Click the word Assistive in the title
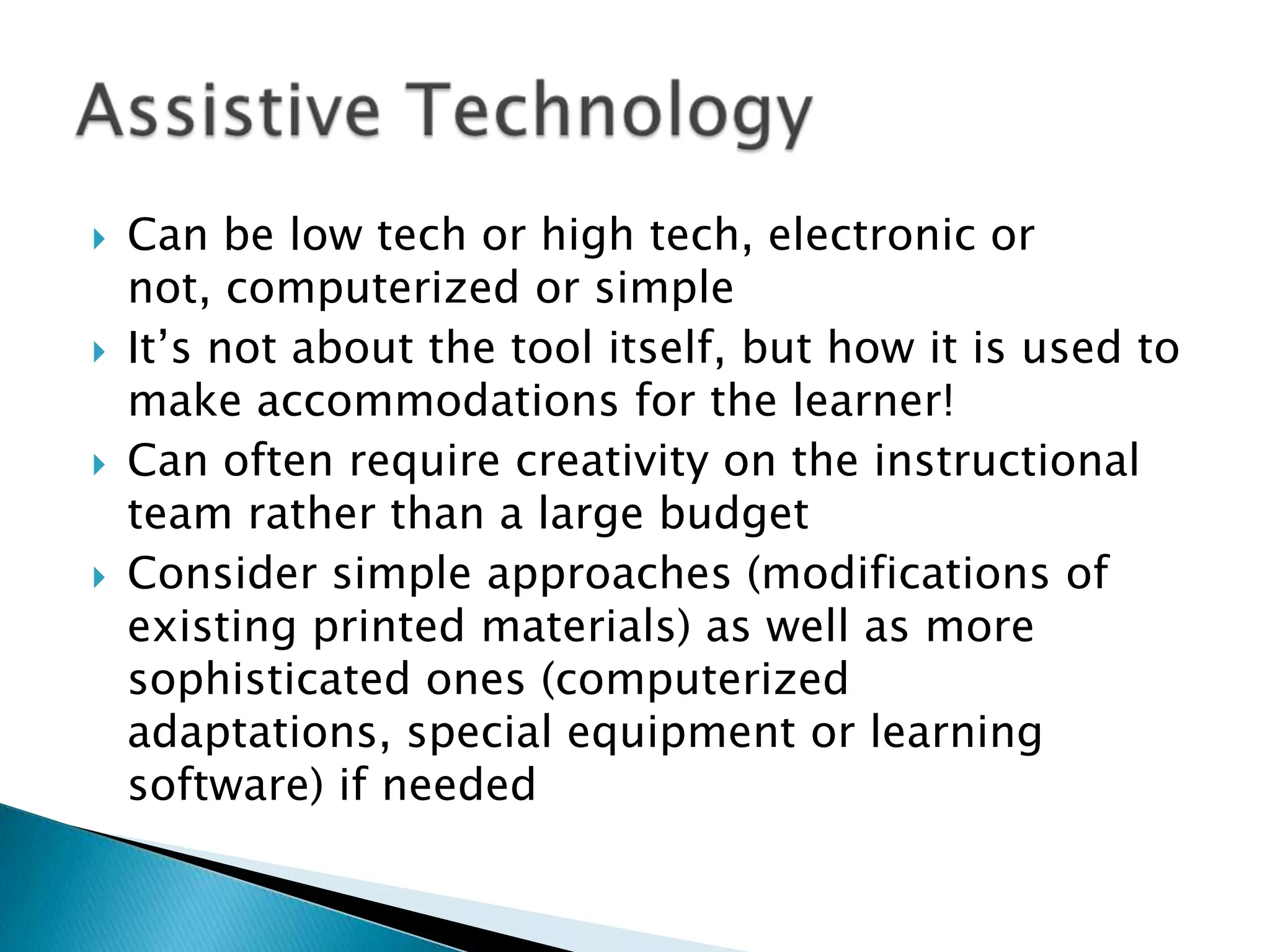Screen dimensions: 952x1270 coord(228,112)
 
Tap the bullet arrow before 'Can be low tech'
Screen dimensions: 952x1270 coord(99,239)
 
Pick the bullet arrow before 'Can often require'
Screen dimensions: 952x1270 coord(99,465)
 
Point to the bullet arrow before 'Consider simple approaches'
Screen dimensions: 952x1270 coord(99,578)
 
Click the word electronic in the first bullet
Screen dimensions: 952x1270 coord(871,236)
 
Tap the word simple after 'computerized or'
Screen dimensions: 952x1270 coord(664,289)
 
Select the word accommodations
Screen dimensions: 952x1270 coord(437,401)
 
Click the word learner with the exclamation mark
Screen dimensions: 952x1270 coord(873,401)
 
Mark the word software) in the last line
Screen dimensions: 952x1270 coord(226,785)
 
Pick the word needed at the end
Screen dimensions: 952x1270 coord(458,785)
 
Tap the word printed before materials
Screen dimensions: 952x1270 coord(389,627)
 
